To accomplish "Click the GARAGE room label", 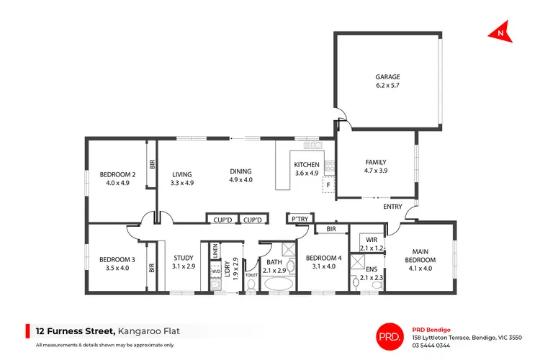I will [x=387, y=77].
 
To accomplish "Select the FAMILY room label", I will [x=376, y=162].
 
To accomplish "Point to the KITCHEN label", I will [x=306, y=165].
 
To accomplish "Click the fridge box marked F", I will [x=328, y=185].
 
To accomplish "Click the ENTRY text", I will [x=392, y=207].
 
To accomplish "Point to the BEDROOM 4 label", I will [x=323, y=258].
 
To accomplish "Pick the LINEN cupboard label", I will [x=215, y=252].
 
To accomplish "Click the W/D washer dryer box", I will [x=215, y=271].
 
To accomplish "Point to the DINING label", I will [x=240, y=171].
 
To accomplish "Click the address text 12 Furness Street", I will [x=74, y=331].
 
